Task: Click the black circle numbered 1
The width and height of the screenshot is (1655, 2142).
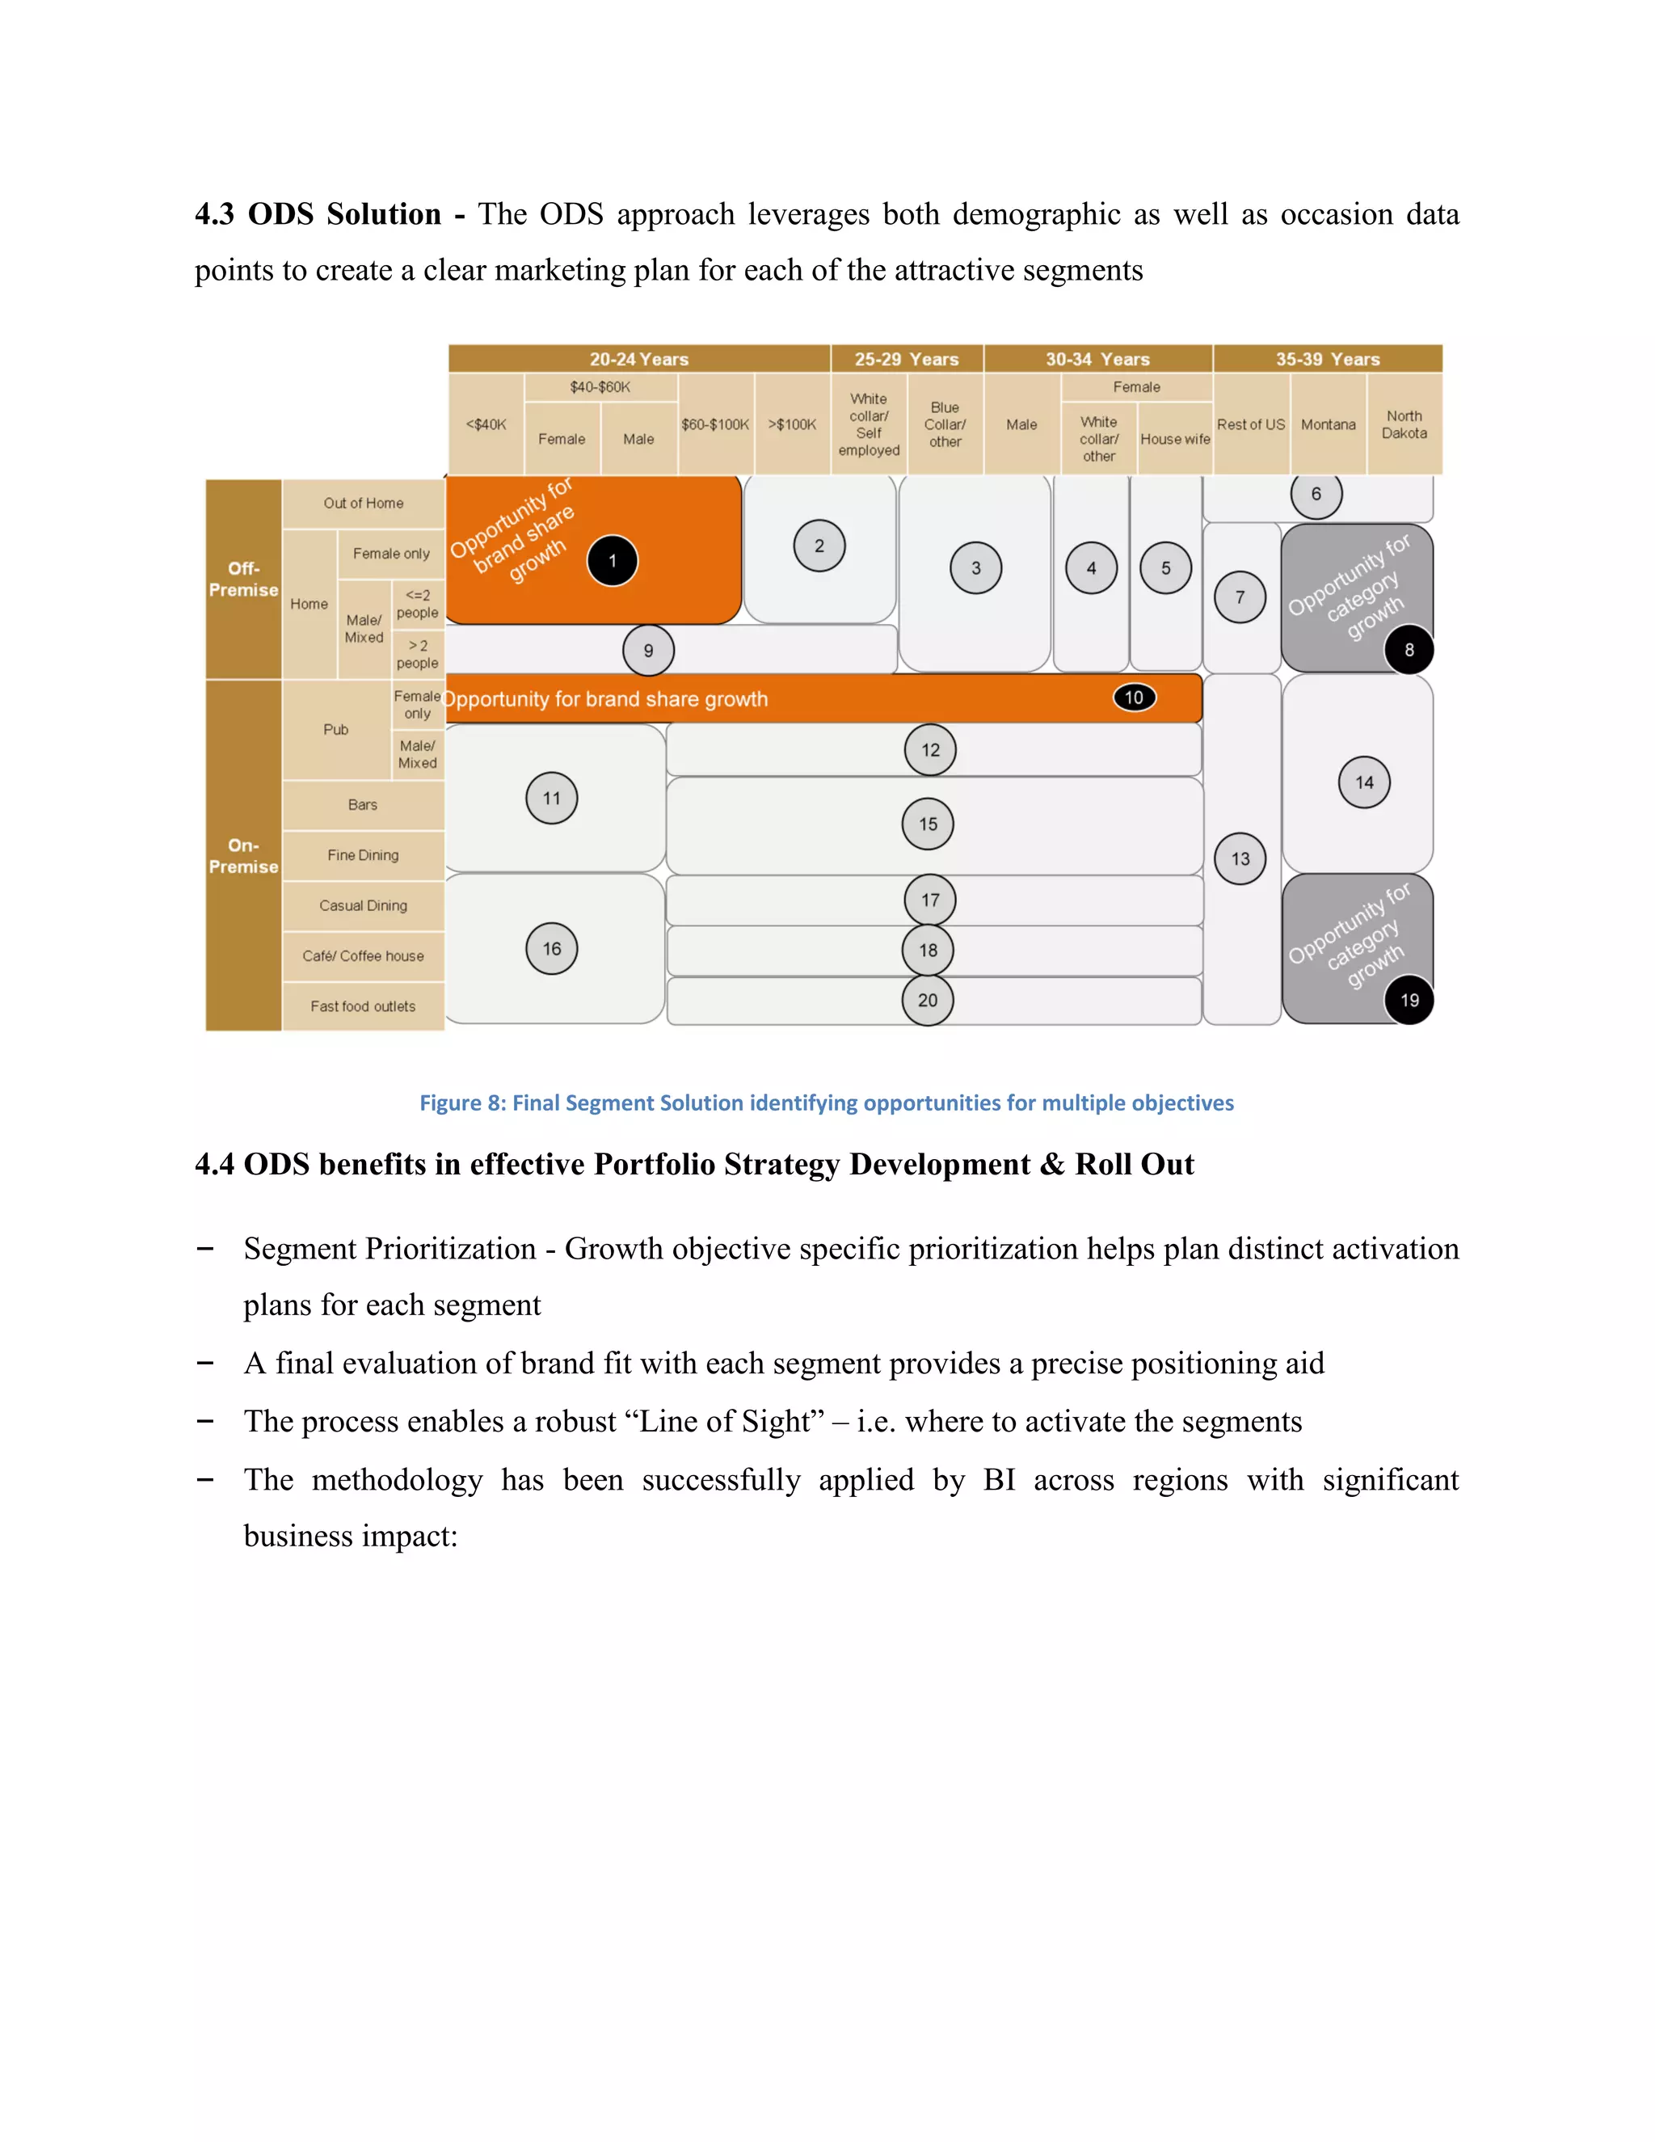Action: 612,561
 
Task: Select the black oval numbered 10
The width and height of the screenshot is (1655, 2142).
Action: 1135,698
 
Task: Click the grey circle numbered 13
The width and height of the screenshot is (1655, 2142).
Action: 1240,858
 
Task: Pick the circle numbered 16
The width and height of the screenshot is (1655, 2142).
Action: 551,948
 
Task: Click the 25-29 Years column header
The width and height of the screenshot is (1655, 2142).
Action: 906,359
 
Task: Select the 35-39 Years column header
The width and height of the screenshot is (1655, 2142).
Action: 1328,359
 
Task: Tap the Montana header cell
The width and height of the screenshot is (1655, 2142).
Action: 1328,424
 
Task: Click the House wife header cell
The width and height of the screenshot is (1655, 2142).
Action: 1174,440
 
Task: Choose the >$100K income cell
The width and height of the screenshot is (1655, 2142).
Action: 792,424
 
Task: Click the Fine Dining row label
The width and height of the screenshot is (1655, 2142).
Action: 363,855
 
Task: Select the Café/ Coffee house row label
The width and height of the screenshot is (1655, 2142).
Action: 363,956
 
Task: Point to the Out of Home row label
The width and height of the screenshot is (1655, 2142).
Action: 363,503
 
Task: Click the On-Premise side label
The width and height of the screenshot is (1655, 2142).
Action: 243,855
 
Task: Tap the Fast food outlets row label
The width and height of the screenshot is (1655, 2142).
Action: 363,1006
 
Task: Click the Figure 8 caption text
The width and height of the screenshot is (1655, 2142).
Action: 827,1103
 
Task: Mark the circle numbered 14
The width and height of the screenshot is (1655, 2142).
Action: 1364,782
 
